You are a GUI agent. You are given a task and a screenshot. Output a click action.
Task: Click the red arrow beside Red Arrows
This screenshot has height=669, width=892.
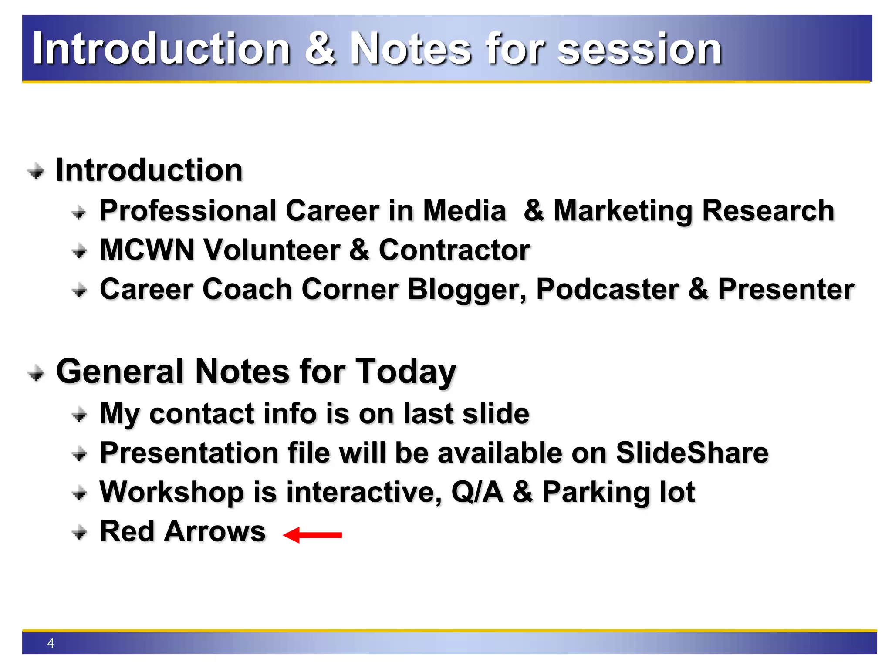(312, 535)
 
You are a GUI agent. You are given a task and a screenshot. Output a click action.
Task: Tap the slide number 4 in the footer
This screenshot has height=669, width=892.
(51, 643)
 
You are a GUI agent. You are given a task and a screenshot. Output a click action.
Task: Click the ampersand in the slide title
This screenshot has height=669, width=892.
(320, 48)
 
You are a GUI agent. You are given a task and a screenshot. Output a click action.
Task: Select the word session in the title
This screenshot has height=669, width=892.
(639, 49)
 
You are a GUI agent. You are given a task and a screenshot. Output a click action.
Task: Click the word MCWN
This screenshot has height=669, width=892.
(147, 250)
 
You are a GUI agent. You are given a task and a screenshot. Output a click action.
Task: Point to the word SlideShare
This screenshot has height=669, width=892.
(692, 453)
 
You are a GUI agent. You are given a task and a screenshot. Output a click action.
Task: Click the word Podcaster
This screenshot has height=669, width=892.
(607, 290)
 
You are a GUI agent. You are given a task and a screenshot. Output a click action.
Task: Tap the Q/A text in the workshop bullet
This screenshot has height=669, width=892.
(477, 492)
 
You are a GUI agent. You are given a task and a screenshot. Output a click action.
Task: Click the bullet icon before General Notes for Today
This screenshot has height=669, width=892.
(36, 373)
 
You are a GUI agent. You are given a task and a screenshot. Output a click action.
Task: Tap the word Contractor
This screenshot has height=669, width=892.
(454, 250)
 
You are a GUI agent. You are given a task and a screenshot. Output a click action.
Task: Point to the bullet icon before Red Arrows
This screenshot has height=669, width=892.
(79, 532)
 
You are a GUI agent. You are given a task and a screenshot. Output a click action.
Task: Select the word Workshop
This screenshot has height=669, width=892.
(172, 492)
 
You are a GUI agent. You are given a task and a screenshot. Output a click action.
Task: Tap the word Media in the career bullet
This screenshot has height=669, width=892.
(464, 211)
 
